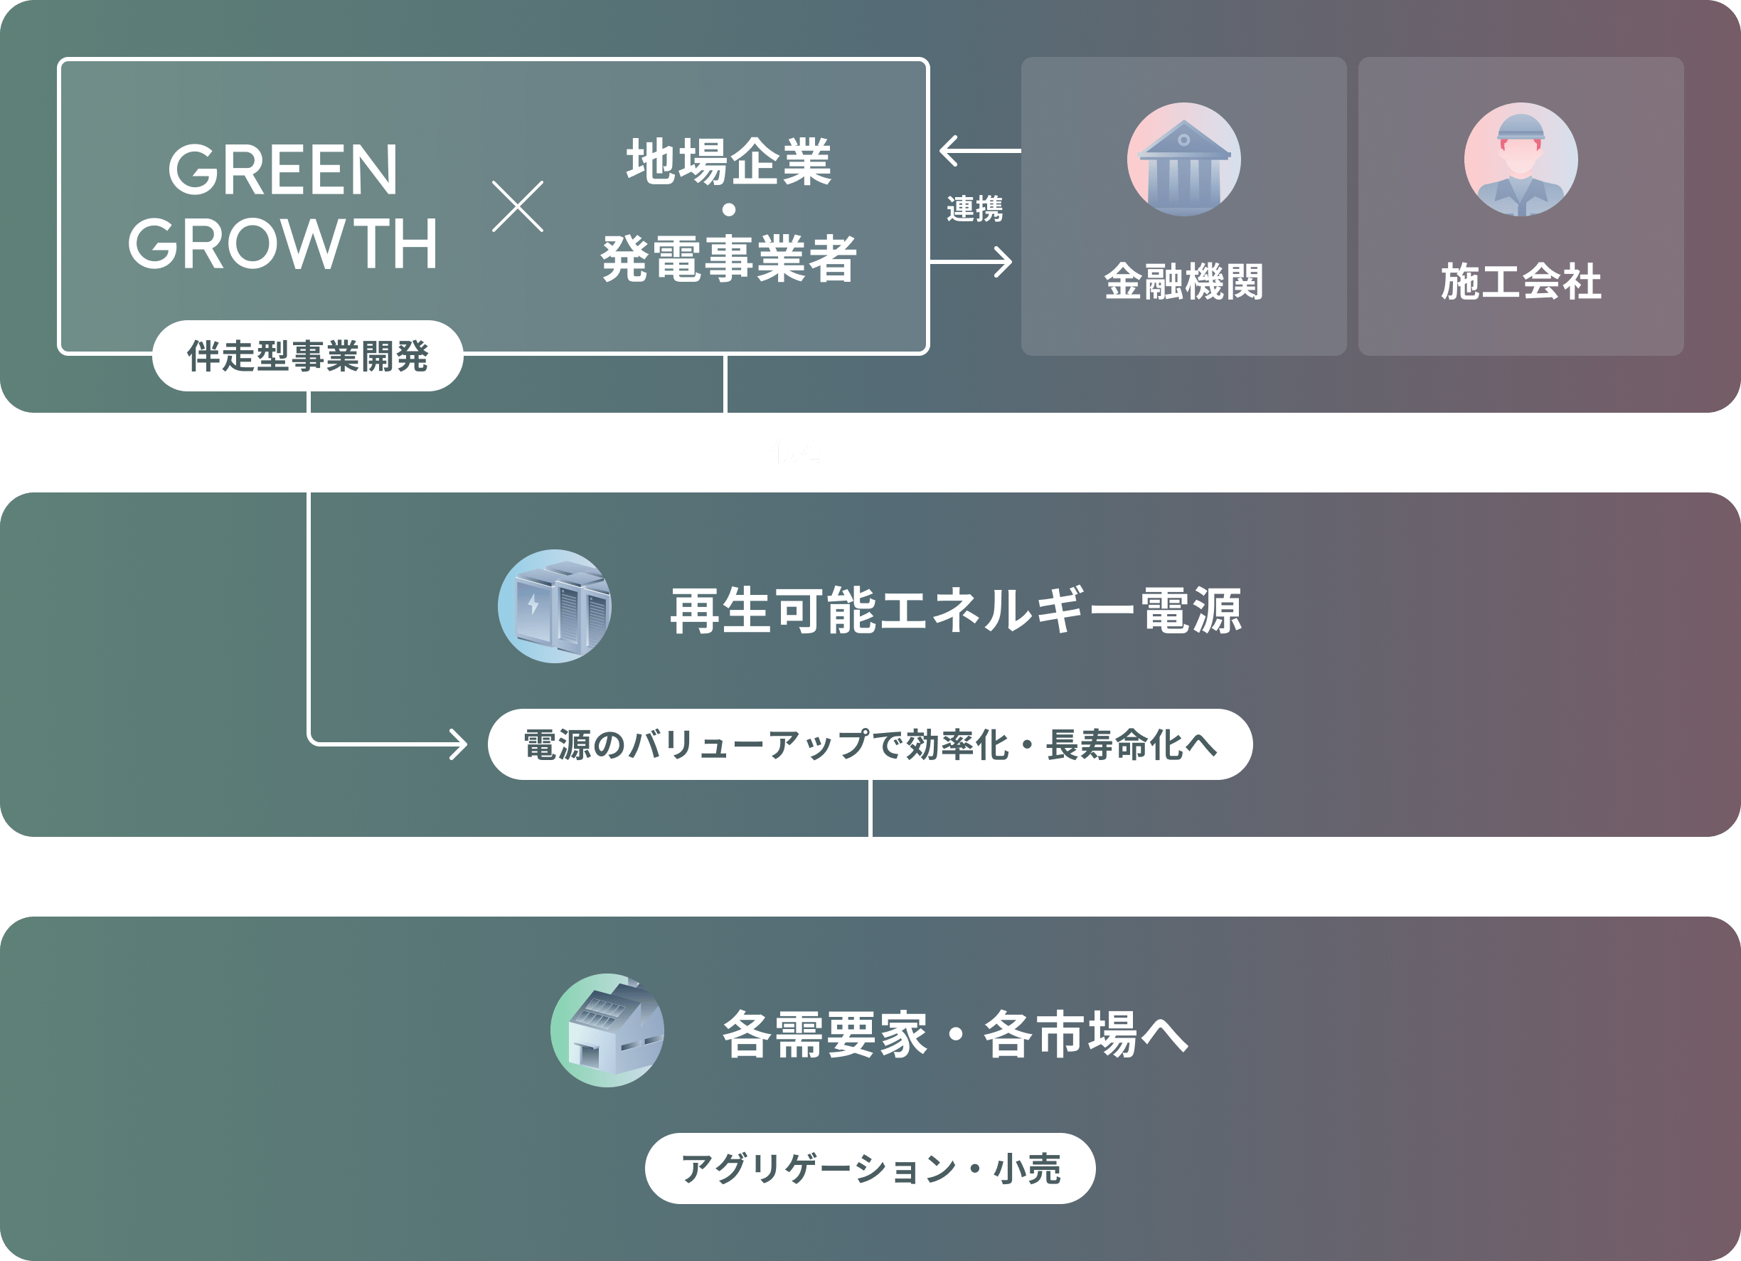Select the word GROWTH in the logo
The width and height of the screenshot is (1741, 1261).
pyautogui.click(x=282, y=243)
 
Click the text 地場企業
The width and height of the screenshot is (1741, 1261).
pyautogui.click(x=728, y=162)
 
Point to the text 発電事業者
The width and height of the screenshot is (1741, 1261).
pyautogui.click(x=728, y=259)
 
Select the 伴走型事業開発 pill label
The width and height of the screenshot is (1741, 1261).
pyautogui.click(x=307, y=357)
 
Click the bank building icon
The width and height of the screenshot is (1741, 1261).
pyautogui.click(x=1183, y=159)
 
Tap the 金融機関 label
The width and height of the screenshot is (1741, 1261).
pyautogui.click(x=1183, y=281)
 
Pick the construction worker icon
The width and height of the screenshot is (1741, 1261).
pyautogui.click(x=1520, y=159)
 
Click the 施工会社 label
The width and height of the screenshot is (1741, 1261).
pyautogui.click(x=1520, y=281)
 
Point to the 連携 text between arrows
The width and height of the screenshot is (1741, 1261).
pyautogui.click(x=974, y=208)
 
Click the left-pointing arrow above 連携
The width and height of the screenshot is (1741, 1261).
pyautogui.click(x=979, y=151)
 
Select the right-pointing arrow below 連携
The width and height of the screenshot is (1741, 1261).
pyautogui.click(x=971, y=262)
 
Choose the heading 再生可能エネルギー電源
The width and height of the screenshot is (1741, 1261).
pyautogui.click(x=956, y=611)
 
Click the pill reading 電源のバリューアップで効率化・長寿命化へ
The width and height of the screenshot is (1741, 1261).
pyautogui.click(x=870, y=744)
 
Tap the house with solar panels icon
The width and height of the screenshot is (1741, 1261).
pyautogui.click(x=607, y=1030)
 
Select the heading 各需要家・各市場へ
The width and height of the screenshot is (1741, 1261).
pyautogui.click(x=955, y=1035)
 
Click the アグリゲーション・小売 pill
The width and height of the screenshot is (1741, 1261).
pyautogui.click(x=870, y=1168)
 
